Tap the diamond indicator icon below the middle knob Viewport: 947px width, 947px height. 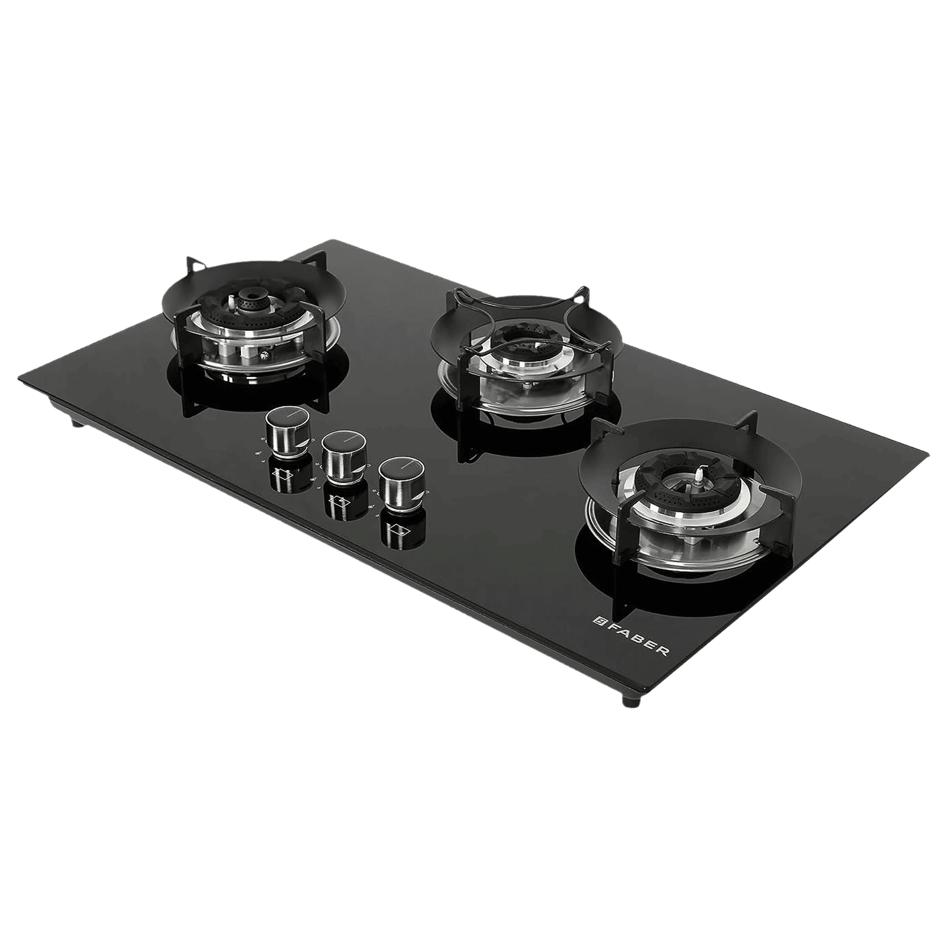click(338, 503)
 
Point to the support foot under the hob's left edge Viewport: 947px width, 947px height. click(73, 423)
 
